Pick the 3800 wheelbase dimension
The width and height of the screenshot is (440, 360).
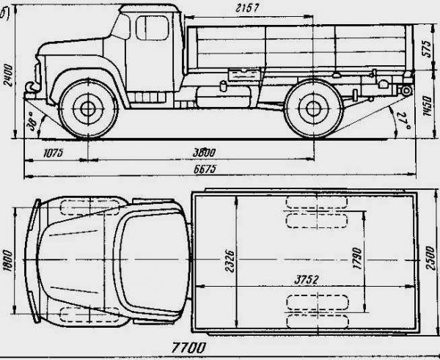click(203, 153)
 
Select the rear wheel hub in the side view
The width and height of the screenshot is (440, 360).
click(313, 110)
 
